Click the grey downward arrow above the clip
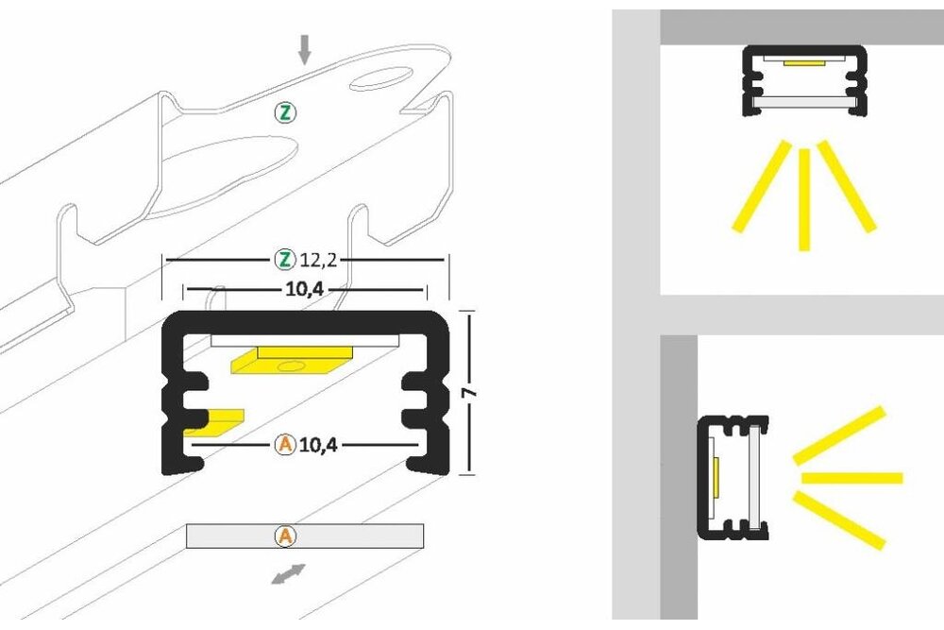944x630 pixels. (304, 49)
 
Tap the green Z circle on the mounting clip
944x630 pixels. (285, 113)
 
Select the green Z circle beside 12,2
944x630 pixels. (283, 258)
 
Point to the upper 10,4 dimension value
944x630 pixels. (304, 290)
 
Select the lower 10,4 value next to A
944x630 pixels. (319, 444)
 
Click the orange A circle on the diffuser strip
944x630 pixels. (285, 536)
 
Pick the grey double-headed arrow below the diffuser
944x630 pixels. (289, 573)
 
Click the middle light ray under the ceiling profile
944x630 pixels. (803, 198)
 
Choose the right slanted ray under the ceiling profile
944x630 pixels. (847, 186)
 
